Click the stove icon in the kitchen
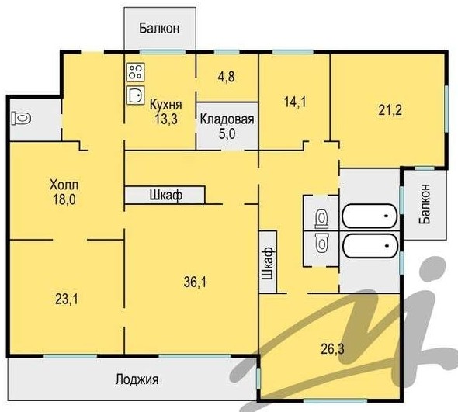point(136,72)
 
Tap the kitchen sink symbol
point(136,95)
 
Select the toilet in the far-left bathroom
point(21,119)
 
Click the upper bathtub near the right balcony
point(370,216)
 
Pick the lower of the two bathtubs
point(370,246)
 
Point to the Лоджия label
point(137,379)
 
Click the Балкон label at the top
point(159,29)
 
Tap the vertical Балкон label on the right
point(425,203)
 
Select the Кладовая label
point(227,119)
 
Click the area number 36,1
point(195,282)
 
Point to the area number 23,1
point(67,299)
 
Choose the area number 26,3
point(332,349)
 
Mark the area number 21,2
point(390,110)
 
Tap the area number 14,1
point(295,102)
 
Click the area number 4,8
point(227,77)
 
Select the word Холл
point(64,185)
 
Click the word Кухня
point(166,105)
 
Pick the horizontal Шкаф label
point(166,195)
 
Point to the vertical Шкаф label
point(268,263)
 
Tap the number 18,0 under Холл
point(64,199)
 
